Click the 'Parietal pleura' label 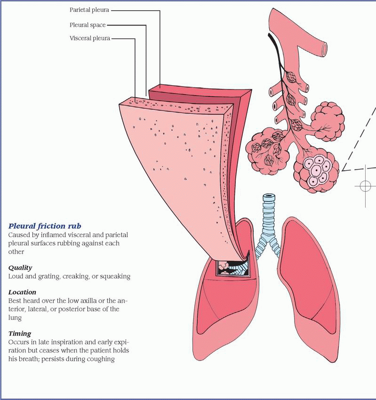[89, 9]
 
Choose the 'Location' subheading [22, 292]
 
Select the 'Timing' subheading [20, 333]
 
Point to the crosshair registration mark [365, 185]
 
